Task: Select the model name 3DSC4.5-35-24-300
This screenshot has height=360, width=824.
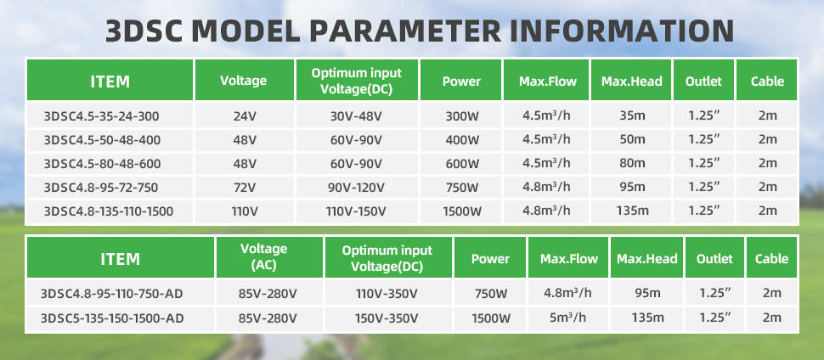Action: coord(102,116)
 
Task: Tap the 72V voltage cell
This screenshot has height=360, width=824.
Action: coord(245,188)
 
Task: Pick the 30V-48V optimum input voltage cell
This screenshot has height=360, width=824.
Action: coord(357,116)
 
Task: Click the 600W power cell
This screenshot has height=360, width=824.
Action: coord(461,164)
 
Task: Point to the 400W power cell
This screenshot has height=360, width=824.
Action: coord(461,140)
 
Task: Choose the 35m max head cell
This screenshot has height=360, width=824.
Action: coord(632,116)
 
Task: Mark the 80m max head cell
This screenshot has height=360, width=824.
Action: coord(632,164)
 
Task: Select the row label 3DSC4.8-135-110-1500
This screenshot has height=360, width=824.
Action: coord(109,211)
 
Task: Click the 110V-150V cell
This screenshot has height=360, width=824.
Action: coord(357,211)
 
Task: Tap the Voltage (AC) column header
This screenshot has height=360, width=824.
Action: coord(264,257)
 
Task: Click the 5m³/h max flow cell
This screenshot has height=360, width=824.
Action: coord(568,318)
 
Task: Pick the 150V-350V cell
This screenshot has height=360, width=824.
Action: coord(388,318)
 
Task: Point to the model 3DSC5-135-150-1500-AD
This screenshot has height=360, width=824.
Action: coord(112,318)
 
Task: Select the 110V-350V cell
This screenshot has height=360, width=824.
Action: coord(388,293)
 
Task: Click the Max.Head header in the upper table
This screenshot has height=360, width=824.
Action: coord(632,82)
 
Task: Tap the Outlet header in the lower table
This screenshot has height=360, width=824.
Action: coord(714,259)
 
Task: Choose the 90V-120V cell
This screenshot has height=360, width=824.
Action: coord(357,188)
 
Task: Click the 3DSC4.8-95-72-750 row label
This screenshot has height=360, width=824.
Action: coord(101,188)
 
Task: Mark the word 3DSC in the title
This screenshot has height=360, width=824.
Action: coord(144,31)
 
